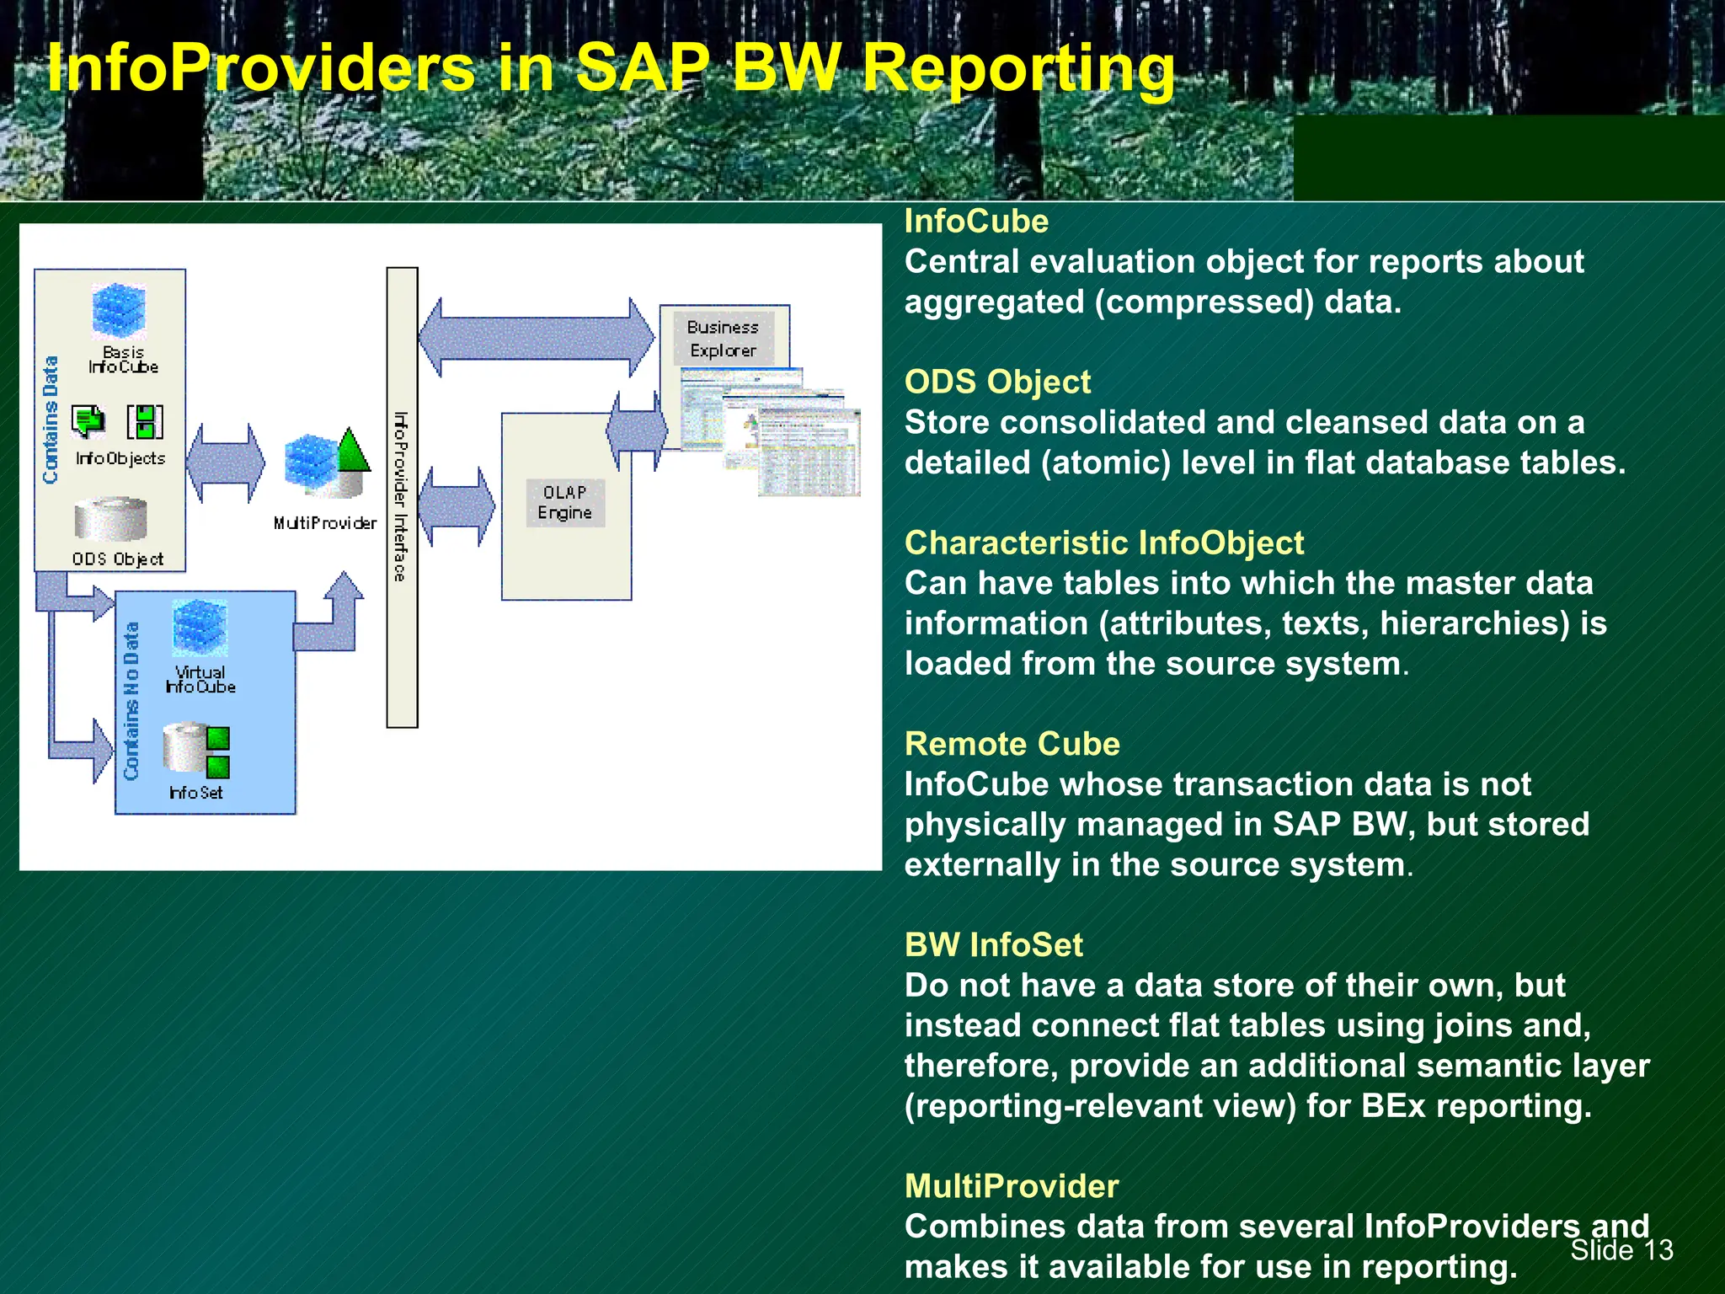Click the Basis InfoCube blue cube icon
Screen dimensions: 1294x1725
tap(119, 311)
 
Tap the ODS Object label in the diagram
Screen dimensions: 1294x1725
tap(117, 559)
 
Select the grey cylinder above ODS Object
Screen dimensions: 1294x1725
tap(110, 518)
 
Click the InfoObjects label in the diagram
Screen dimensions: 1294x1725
tap(120, 458)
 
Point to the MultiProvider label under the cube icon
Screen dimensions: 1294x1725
tap(325, 523)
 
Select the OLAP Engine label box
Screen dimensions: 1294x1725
tap(565, 503)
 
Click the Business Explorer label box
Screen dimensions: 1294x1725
tap(723, 338)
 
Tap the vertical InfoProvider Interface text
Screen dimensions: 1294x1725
tap(401, 497)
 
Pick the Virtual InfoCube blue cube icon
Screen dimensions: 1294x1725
tap(200, 628)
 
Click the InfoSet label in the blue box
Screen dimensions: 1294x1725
tap(195, 793)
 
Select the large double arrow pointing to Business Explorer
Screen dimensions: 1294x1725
tap(537, 338)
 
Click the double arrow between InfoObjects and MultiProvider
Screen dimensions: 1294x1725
tap(225, 463)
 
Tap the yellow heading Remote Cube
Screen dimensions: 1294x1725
tap(1012, 744)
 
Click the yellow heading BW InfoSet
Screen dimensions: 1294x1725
tap(993, 944)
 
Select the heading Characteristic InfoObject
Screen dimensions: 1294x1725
tap(1103, 543)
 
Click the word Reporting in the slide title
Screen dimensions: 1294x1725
tap(1017, 69)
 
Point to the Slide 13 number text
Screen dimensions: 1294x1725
tap(1621, 1249)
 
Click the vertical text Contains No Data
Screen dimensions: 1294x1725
tap(131, 701)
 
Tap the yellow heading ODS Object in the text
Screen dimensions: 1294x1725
tap(997, 382)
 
